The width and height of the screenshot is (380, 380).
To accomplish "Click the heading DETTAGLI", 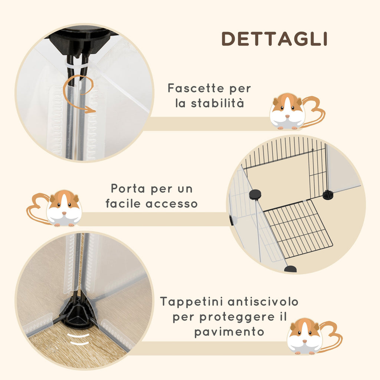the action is (x=274, y=39).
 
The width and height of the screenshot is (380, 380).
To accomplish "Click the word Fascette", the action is (x=196, y=88).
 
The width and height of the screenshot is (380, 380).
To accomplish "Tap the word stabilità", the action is (x=217, y=103).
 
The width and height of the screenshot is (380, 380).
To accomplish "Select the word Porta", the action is (x=128, y=189).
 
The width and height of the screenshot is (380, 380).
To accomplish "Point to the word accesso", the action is (x=171, y=204).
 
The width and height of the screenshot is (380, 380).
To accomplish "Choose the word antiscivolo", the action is (x=263, y=302).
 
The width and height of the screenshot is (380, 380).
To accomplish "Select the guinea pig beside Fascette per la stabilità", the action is (x=297, y=111).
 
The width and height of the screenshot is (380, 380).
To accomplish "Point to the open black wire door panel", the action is (x=298, y=230).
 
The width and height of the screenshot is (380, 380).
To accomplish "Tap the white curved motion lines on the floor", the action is (x=78, y=339).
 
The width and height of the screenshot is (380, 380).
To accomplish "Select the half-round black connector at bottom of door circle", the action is (x=290, y=269).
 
